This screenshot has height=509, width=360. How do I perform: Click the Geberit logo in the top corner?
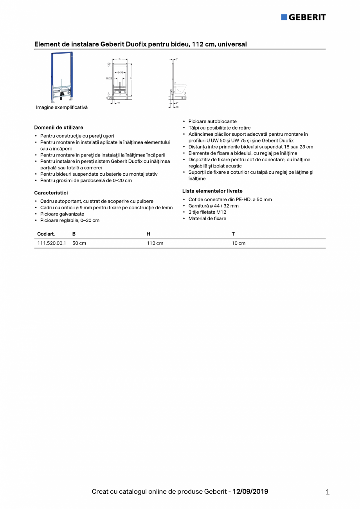303,17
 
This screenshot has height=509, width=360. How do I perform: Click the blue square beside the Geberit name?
284,17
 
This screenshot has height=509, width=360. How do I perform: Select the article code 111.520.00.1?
52,243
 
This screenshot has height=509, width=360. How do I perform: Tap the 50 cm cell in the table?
79,243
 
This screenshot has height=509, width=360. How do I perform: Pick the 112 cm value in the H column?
155,243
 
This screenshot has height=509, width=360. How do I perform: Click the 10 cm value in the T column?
239,243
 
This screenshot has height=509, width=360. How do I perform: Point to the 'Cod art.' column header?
46,234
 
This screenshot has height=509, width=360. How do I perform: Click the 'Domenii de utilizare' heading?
59,128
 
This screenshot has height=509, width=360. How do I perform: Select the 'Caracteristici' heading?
51,193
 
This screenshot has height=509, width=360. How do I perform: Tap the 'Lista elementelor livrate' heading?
212,191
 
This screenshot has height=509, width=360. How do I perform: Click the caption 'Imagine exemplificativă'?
62,108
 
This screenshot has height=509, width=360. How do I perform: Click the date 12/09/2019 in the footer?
250,491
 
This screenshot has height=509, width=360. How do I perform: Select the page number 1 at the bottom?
328,492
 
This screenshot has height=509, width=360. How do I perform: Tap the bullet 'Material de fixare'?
207,218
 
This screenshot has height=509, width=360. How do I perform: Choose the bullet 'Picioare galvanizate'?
62,214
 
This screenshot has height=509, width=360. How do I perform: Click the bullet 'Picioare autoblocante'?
212,122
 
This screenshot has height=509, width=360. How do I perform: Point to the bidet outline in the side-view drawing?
181,89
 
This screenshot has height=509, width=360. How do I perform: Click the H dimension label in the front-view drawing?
131,78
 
